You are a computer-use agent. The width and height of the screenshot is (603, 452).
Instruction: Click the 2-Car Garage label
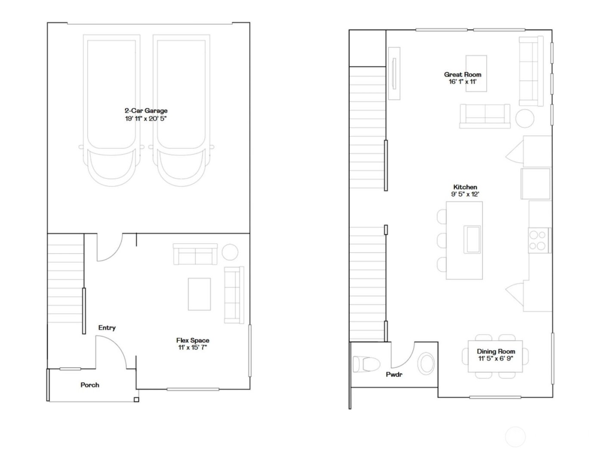click(x=146, y=111)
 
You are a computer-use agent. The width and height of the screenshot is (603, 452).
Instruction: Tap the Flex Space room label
click(x=193, y=341)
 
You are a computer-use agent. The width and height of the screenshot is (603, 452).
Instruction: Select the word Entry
click(x=107, y=328)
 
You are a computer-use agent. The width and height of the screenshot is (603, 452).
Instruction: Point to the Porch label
click(x=90, y=385)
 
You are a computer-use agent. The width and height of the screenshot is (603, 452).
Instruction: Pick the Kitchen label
click(x=465, y=187)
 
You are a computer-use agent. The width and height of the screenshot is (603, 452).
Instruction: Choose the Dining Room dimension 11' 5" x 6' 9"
click(x=496, y=358)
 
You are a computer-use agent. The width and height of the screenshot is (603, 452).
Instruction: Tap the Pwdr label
click(x=394, y=375)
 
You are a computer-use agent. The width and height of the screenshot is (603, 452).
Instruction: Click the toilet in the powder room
click(x=363, y=364)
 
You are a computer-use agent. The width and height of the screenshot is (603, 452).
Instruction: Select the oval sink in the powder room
click(x=427, y=363)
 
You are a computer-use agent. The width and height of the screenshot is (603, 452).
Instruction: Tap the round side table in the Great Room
click(x=525, y=118)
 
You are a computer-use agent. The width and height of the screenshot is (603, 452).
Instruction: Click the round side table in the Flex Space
click(x=230, y=252)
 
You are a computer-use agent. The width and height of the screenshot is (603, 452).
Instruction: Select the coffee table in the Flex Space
click(x=199, y=294)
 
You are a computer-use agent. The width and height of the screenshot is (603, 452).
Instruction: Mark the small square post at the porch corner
click(x=137, y=400)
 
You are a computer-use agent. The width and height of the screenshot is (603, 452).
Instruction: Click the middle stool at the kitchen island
click(x=442, y=240)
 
